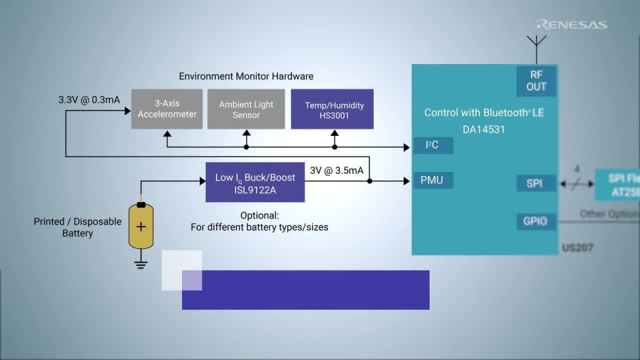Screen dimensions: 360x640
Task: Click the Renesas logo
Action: pyautogui.click(x=571, y=25)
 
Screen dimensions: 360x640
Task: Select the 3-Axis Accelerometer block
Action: pyautogui.click(x=167, y=109)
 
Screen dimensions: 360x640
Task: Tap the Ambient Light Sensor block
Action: pyautogui.click(x=246, y=109)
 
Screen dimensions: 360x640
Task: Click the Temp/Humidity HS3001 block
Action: pyautogui.click(x=332, y=109)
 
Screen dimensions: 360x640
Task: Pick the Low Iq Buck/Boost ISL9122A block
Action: pyautogui.click(x=255, y=182)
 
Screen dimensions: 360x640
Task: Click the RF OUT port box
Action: pyautogui.click(x=536, y=81)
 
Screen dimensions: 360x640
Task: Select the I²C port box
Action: pyautogui.click(x=433, y=145)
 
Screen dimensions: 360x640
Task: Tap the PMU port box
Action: pyautogui.click(x=433, y=180)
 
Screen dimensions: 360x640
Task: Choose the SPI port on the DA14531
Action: pyautogui.click(x=535, y=183)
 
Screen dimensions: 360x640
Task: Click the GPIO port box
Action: pyautogui.click(x=535, y=221)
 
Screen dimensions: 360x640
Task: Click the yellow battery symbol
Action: pyautogui.click(x=141, y=227)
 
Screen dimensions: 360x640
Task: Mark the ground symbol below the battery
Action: pyautogui.click(x=141, y=264)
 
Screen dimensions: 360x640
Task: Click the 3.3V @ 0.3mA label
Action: pyautogui.click(x=89, y=100)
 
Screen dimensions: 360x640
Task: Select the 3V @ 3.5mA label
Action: pyautogui.click(x=337, y=171)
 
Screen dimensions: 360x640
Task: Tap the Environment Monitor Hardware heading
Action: pyautogui.click(x=246, y=76)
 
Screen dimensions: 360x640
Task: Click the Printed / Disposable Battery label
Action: pyautogui.click(x=77, y=227)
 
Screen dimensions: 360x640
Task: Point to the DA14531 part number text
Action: pyautogui.click(x=483, y=129)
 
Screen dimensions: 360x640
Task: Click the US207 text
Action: pyautogui.click(x=577, y=248)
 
